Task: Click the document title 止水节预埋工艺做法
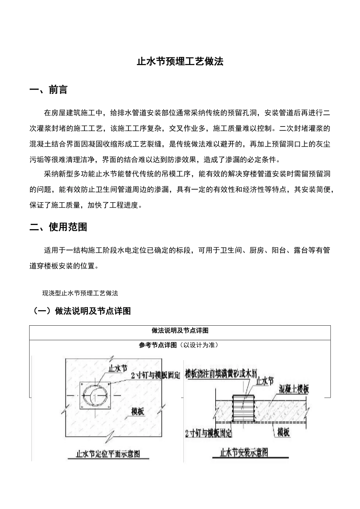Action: (180, 62)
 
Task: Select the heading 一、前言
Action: (49, 90)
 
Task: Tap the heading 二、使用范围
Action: (58, 227)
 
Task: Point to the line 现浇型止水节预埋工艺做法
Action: (80, 293)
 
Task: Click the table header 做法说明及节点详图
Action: (180, 331)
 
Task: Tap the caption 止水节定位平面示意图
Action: (108, 453)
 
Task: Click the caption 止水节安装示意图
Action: (244, 452)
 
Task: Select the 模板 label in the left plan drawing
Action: (138, 411)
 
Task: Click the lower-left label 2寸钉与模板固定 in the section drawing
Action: (208, 433)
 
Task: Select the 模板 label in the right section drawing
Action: (283, 432)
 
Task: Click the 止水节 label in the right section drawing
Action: (265, 381)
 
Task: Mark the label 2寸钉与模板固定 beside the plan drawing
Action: (155, 375)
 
